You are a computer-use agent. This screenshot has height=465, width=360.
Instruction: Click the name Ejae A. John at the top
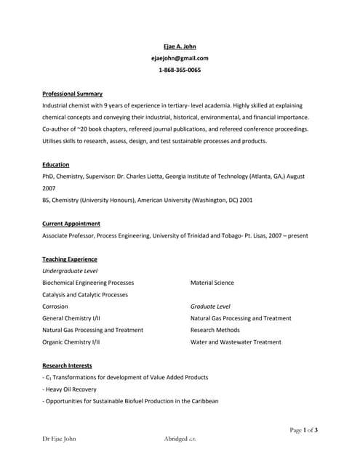[180, 46]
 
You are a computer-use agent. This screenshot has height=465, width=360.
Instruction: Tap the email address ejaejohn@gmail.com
[180, 58]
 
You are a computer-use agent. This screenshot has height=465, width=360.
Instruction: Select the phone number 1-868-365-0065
[180, 70]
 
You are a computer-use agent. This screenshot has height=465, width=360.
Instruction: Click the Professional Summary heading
[72, 94]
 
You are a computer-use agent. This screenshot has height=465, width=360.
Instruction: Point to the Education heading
[56, 165]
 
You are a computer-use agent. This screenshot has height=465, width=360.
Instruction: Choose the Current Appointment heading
[71, 224]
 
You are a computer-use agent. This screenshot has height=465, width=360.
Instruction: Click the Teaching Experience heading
[70, 259]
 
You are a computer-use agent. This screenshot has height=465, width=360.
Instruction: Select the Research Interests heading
[67, 365]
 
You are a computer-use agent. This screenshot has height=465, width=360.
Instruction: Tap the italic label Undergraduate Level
[70, 271]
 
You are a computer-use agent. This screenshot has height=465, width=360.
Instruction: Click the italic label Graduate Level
[210, 307]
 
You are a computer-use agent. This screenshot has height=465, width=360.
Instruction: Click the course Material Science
[212, 283]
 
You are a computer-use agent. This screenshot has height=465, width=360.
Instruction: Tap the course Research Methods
[216, 330]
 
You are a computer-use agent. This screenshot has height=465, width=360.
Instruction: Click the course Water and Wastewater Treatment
[236, 341]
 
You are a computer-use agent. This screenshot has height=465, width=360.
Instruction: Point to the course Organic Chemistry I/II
[71, 341]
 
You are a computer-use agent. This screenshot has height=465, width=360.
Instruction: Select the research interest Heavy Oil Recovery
[71, 389]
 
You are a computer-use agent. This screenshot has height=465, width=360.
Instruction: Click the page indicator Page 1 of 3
[304, 430]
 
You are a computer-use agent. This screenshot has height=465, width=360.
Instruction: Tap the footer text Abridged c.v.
[180, 439]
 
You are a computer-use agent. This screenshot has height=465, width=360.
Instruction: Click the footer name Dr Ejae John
[59, 439]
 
